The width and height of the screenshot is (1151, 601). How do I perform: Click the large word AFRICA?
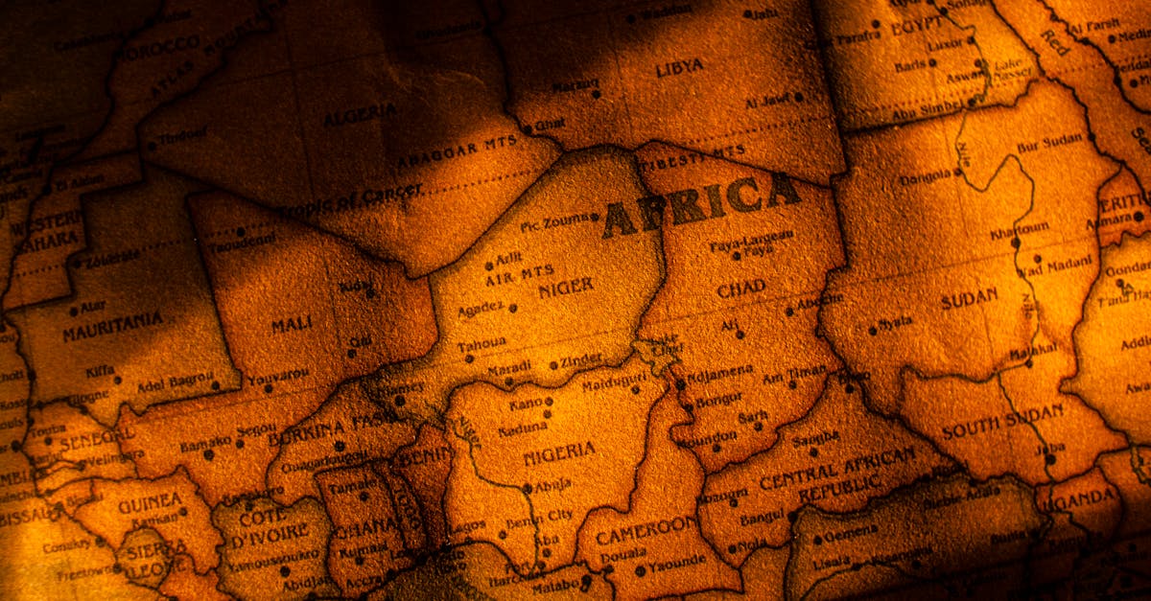(x=701, y=204)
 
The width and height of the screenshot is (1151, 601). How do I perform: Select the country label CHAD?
(x=741, y=288)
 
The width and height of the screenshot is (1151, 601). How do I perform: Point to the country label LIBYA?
(x=679, y=67)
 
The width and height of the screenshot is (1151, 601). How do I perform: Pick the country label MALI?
(x=292, y=326)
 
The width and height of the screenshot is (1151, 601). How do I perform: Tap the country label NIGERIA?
(x=558, y=453)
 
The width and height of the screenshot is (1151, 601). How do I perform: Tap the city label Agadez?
(x=481, y=308)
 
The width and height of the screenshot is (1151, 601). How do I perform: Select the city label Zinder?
(x=582, y=359)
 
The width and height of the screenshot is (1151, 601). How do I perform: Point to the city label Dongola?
(x=926, y=177)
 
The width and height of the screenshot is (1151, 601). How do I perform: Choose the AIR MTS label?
(x=519, y=274)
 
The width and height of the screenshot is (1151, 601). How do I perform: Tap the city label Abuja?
(x=552, y=485)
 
